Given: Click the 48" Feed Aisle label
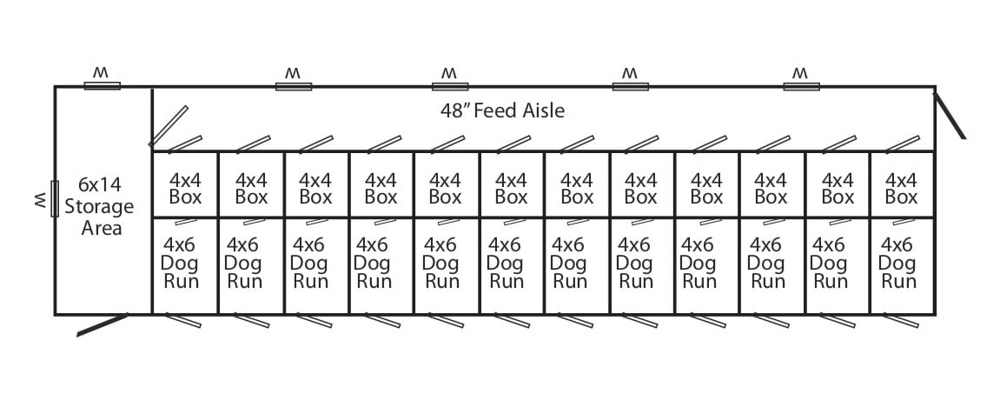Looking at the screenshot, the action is coord(502,110).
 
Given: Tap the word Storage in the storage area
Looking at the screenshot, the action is coord(99,207).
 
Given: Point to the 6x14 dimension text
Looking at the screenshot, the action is coord(100,185).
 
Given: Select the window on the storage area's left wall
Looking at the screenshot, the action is coord(55,198).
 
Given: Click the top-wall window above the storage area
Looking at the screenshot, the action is coord(102,86).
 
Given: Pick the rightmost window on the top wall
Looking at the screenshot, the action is coord(802,86).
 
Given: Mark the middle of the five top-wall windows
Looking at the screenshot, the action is coord(450,86).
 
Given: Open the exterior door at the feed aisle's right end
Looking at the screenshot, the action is coord(950,115).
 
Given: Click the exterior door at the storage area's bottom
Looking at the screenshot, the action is coord(102,324).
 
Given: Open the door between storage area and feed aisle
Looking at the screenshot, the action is coord(169,126).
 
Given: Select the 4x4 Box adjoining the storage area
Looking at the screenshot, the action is coord(185,188).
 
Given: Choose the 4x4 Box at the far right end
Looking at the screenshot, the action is coord(901,188).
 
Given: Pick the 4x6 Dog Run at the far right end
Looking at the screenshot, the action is coord(897,263).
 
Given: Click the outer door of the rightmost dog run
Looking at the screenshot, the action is coord(900,320).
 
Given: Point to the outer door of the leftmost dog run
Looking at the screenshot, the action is coord(183,320).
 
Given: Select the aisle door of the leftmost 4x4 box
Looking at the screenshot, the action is coord(185,144).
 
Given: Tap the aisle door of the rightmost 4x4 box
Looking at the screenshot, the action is coord(903,144).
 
